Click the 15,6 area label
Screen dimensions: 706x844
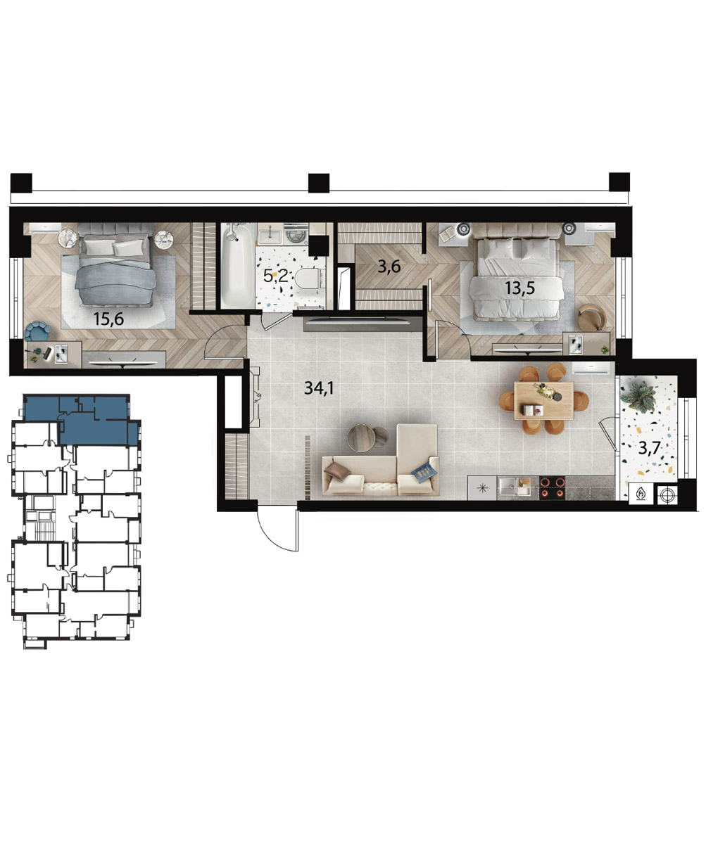click(x=108, y=319)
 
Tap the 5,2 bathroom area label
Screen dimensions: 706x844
click(x=275, y=276)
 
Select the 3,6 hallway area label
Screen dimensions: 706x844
click(x=389, y=267)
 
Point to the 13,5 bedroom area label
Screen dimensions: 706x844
click(x=519, y=288)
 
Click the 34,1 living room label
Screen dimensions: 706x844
click(x=319, y=388)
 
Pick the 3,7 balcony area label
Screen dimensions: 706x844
click(x=650, y=448)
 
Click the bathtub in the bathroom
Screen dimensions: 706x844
click(x=238, y=265)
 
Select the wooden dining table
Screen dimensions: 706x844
click(x=543, y=399)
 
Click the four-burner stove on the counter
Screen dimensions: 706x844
click(x=553, y=487)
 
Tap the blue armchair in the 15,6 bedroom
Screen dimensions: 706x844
click(x=37, y=331)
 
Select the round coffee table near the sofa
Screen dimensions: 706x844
click(x=361, y=437)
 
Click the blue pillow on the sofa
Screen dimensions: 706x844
click(x=424, y=471)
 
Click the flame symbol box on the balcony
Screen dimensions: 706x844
click(x=641, y=494)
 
